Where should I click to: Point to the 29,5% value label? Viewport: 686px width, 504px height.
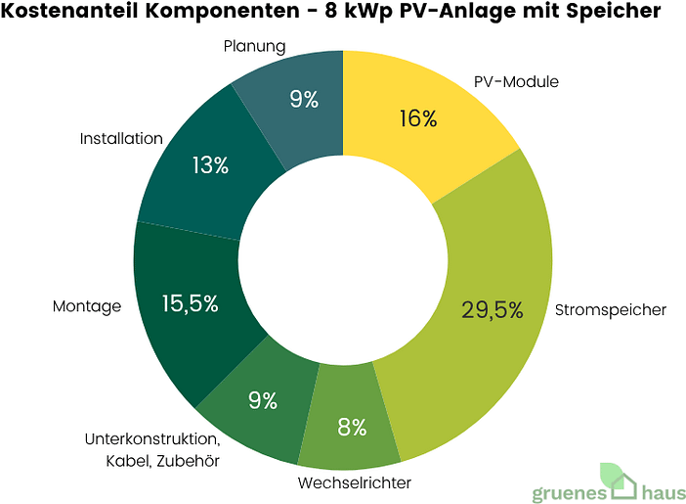pos(493,310)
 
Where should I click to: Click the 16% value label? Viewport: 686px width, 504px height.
pos(418,119)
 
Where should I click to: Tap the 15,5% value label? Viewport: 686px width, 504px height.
pos(190,303)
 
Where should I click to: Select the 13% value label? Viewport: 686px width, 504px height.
pos(210,165)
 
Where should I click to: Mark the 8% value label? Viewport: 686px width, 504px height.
pos(352,427)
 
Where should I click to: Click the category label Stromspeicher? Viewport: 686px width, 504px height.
pos(610,309)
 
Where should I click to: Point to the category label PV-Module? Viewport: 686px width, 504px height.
pos(516,81)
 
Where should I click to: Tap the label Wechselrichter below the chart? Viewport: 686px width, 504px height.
pos(354,482)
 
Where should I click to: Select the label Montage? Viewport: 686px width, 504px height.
pos(87,306)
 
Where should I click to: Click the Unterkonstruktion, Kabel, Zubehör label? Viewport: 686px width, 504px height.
pos(151,448)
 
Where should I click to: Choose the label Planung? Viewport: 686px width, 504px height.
pos(254,46)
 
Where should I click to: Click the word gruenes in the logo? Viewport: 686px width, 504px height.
pos(573,491)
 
